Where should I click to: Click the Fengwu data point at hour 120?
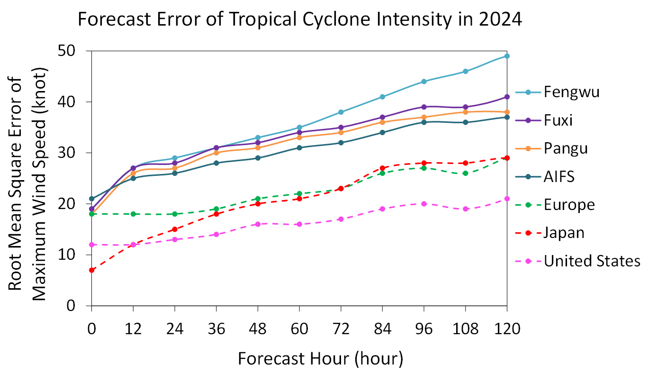point(507,56)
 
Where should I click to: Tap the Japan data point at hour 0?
point(91,270)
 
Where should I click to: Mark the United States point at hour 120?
point(507,199)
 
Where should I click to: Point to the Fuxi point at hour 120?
point(507,97)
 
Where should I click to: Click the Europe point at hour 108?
point(465,173)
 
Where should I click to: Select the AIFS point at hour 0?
point(91,199)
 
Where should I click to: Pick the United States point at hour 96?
point(424,204)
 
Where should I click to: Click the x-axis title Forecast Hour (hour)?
point(320,358)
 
